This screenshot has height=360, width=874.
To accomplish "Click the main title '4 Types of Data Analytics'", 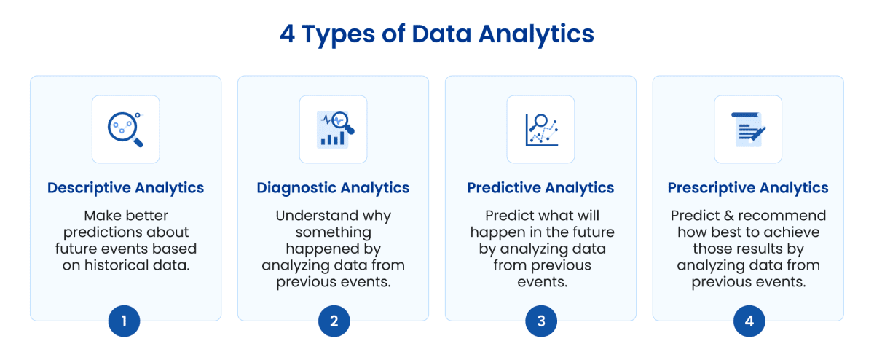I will [437, 34].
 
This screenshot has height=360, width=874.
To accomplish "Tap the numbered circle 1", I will [125, 321].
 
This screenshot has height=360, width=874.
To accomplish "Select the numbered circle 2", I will [334, 321].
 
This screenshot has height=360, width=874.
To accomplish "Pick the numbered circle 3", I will [540, 321].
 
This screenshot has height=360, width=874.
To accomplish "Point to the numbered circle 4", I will [749, 321].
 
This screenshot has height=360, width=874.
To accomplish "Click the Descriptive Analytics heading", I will [125, 188].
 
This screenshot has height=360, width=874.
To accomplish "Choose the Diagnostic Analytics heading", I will [333, 188].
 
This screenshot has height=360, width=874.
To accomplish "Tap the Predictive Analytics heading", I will [540, 188].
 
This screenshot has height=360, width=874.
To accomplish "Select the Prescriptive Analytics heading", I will [748, 188].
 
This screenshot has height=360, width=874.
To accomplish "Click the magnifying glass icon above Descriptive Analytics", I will [125, 129].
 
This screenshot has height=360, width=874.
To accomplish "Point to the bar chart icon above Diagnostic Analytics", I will [333, 129].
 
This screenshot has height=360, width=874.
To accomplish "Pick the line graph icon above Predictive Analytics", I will [540, 129].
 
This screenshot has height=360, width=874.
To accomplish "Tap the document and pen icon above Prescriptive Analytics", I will [748, 129].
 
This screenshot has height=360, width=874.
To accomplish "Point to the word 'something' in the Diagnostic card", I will [333, 232].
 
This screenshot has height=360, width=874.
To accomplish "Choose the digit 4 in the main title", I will [288, 34].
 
